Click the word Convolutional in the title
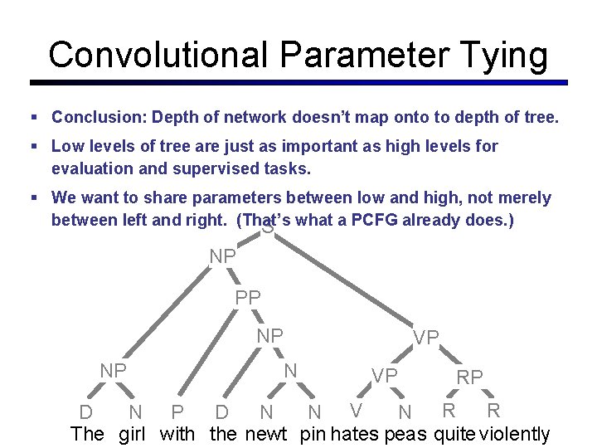tap(158, 55)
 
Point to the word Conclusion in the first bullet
tap(97, 118)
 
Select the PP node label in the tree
tap(248, 297)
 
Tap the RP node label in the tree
tap(470, 377)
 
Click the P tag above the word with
tap(177, 412)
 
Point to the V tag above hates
tap(356, 410)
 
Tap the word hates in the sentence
tap(354, 434)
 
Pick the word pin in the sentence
tap(313, 434)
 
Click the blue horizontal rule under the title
tap(298, 83)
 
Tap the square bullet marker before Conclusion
tap(34, 119)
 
